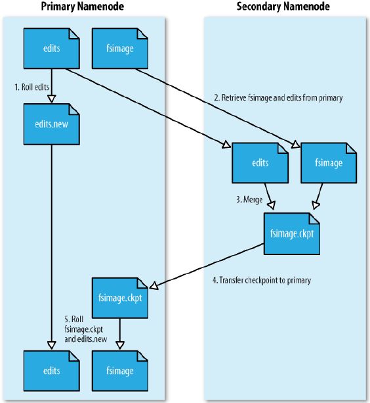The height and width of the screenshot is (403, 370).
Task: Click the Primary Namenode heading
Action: click(82, 7)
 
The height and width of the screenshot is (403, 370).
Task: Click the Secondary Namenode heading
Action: click(283, 7)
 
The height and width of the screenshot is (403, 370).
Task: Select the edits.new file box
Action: click(52, 124)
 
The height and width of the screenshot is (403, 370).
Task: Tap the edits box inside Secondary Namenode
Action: click(260, 163)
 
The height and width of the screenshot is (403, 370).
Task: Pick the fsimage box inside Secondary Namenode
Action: click(329, 163)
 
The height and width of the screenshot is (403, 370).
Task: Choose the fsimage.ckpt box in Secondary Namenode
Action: click(292, 234)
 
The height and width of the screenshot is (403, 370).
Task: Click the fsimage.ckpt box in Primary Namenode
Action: click(120, 298)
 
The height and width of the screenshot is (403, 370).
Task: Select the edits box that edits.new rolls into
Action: click(52, 371)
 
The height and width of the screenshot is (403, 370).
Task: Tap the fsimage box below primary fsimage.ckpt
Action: click(120, 371)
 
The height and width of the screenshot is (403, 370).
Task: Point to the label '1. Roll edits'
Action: click(31, 87)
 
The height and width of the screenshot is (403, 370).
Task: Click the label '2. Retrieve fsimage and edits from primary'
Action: click(278, 98)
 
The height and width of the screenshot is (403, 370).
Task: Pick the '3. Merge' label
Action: click(249, 199)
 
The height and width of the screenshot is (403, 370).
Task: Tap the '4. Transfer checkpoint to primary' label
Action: click(262, 280)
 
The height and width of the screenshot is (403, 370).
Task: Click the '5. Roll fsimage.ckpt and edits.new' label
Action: click(86, 329)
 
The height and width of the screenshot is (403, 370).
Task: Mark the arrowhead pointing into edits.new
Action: click(52, 99)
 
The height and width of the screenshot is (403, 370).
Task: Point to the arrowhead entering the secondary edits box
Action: click(226, 145)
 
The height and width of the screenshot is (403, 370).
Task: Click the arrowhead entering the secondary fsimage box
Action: click(296, 145)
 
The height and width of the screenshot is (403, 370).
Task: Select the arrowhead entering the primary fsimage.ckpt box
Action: click(154, 286)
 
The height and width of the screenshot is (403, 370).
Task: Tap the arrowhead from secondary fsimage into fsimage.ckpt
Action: click(316, 205)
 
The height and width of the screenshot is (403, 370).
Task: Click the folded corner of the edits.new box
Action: click(74, 109)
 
